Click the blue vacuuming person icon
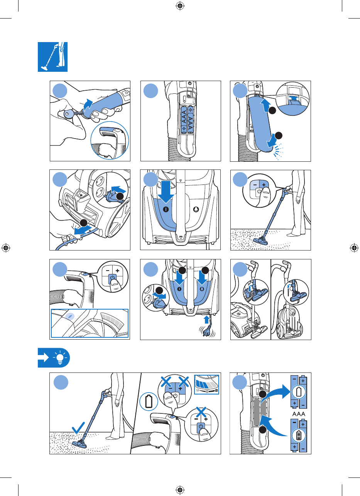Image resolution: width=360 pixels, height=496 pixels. [52, 57]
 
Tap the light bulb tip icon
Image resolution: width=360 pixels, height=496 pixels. [54, 357]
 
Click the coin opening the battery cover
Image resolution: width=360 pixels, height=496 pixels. [68, 114]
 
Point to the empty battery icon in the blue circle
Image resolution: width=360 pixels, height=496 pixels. [149, 401]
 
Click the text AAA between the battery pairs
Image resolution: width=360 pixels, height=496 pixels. [299, 414]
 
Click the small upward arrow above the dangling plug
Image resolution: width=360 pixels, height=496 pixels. [206, 319]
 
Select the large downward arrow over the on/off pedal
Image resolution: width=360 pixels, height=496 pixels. [166, 192]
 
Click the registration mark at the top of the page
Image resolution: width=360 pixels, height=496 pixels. [180, 6]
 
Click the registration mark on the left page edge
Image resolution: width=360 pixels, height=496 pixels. [6, 248]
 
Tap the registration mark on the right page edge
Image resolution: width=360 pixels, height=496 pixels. [354, 248]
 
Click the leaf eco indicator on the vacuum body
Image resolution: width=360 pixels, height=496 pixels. [70, 317]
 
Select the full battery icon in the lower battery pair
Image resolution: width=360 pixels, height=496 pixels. [299, 435]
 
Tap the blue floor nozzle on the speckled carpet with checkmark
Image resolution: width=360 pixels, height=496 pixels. [81, 443]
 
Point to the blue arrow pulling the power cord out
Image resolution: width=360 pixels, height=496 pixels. [83, 230]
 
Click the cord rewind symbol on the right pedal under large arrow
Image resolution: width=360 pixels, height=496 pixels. [202, 289]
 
